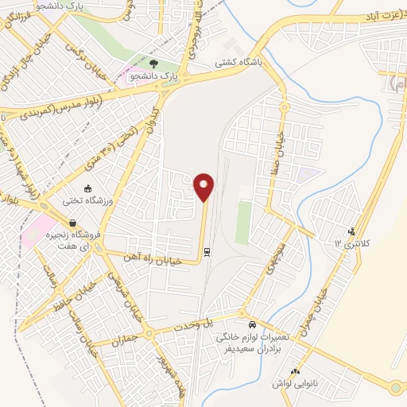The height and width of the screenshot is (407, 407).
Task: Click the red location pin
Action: pos(205,187)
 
